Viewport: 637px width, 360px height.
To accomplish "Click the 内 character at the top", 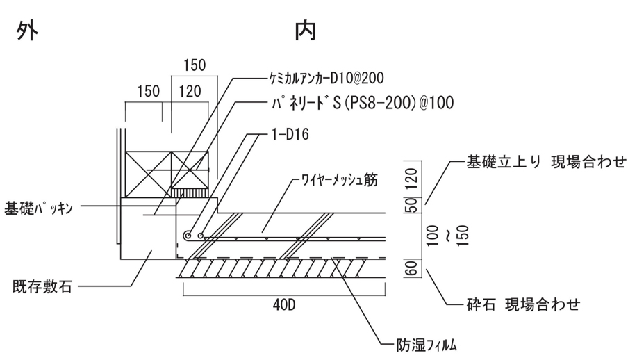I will click(306, 29).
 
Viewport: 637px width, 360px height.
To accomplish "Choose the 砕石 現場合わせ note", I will click(522, 304).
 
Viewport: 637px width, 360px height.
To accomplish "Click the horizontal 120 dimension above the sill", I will click(190, 91).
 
